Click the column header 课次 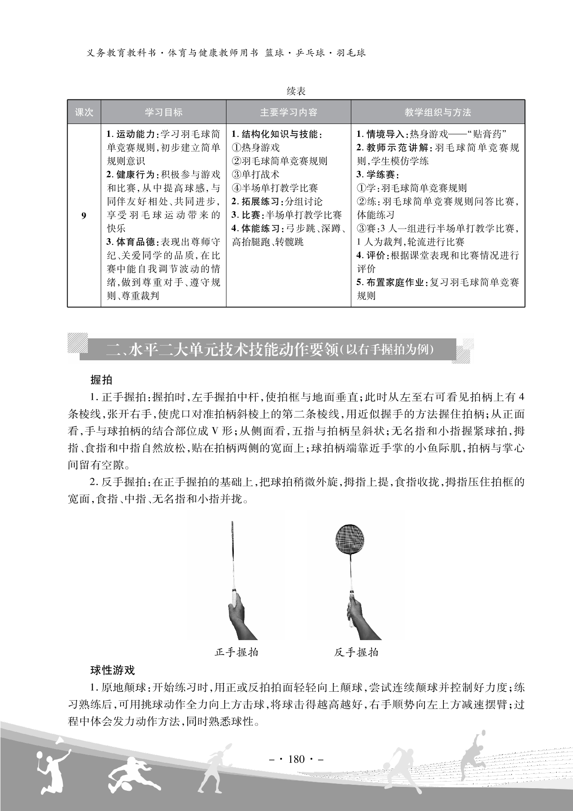pos(84,112)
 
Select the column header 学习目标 pos(164,112)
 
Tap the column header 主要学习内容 pos(288,112)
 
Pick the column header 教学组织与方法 pos(438,112)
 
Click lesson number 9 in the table pos(84,216)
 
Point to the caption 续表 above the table pos(296,91)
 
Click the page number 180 pos(296,758)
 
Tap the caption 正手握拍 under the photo pos(236,652)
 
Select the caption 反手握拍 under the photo pos(356,652)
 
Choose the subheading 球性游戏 pos(112,670)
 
